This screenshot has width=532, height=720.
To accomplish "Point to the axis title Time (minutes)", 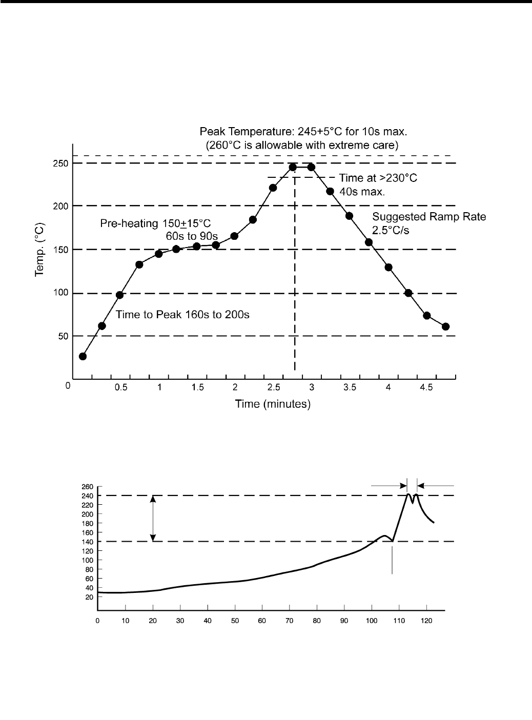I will point(273,404).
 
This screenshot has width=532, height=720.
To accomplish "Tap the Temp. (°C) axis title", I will point(40,250).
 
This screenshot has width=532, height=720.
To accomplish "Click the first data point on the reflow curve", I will point(83,356).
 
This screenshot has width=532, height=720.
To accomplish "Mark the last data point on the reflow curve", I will point(445,326).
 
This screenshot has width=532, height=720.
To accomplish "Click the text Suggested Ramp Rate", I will point(429,217).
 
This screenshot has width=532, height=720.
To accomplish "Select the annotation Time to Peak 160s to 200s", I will point(182,315).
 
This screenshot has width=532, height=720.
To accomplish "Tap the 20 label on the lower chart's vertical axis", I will point(89,597).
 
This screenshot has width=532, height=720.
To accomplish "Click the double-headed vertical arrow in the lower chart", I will point(153,518).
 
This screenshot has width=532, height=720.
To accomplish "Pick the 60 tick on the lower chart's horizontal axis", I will point(262,621).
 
